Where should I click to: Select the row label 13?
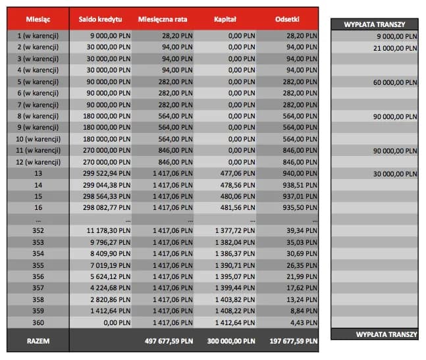click(38, 173)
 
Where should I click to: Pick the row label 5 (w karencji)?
click(38, 81)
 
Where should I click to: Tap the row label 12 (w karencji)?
click(38, 161)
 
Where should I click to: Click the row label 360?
click(38, 322)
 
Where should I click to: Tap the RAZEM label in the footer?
click(38, 342)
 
